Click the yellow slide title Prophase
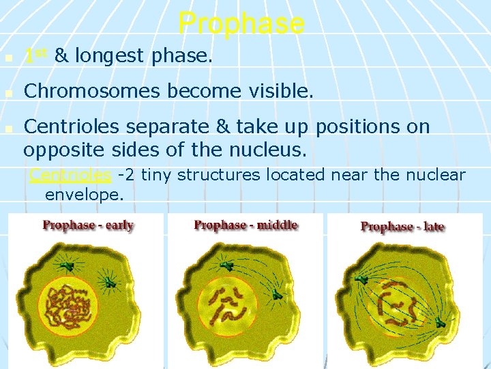241,23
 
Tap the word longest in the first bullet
110,57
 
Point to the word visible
278,91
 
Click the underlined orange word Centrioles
70,175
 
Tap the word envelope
84,195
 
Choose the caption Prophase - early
88,225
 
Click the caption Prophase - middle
245,225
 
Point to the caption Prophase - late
402,227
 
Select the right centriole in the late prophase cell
441,322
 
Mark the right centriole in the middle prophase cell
277,295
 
